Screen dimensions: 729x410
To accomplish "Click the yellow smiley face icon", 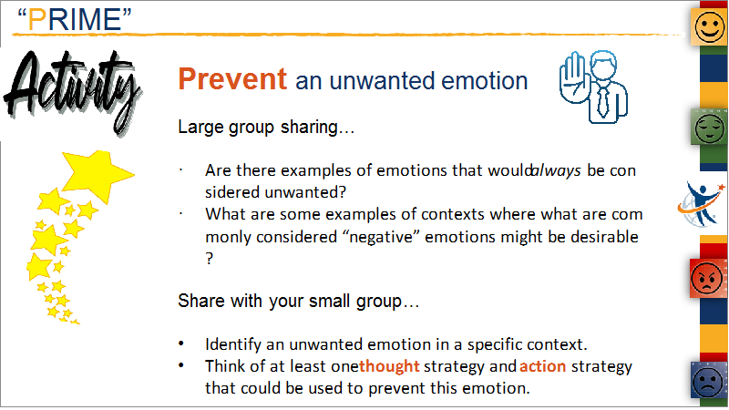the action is pyautogui.click(x=709, y=26).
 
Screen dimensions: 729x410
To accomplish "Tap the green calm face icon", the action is pyautogui.click(x=710, y=128).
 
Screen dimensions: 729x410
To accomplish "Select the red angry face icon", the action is pyautogui.click(x=707, y=278).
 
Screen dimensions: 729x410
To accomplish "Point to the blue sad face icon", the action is pyautogui.click(x=708, y=380).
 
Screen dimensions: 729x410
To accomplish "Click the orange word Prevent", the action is pyautogui.click(x=232, y=78).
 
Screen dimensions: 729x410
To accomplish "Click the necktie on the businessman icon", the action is pyautogui.click(x=603, y=102).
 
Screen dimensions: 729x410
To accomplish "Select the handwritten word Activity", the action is pyautogui.click(x=73, y=90).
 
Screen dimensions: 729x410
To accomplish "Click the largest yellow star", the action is pyautogui.click(x=98, y=175).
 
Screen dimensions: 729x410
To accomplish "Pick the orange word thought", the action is pyautogui.click(x=390, y=366).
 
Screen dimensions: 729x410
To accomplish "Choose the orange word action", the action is pyautogui.click(x=542, y=366).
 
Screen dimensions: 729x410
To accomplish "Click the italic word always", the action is pyautogui.click(x=556, y=170).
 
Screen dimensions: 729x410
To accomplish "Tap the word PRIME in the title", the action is pyautogui.click(x=75, y=19).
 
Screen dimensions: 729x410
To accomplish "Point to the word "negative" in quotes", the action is pyautogui.click(x=381, y=237).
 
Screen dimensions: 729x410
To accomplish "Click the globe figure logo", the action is pyautogui.click(x=701, y=204).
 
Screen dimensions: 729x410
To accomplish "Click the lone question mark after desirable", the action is pyautogui.click(x=210, y=258).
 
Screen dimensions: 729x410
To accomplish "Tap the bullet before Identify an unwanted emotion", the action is pyautogui.click(x=181, y=344).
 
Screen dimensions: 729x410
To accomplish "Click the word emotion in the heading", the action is pyautogui.click(x=484, y=81).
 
